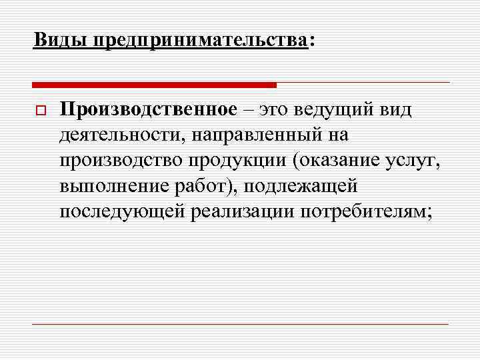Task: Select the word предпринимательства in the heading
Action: tap(201, 41)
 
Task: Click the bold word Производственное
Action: tap(148, 109)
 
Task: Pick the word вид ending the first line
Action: tap(397, 109)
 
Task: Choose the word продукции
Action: tap(226, 161)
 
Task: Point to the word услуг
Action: tap(411, 161)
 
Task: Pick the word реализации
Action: tap(244, 212)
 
